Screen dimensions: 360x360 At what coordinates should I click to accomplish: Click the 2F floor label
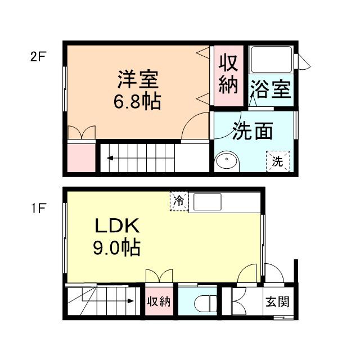coord(37,57)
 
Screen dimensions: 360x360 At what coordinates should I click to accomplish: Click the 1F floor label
coord(37,208)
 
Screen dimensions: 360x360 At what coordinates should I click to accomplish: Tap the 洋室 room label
coord(138,79)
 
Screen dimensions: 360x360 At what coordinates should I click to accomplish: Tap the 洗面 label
coord(253,131)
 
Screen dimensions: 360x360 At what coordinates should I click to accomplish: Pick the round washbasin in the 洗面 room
coord(227,161)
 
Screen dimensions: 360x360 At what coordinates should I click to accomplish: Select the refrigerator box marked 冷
coord(178,201)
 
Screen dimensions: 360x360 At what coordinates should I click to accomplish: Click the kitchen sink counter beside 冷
coord(208,202)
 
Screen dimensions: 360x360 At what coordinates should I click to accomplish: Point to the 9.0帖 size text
coord(116,247)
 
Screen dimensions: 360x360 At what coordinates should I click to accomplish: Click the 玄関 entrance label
coord(277,301)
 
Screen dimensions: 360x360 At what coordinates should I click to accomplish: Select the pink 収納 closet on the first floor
coord(159,301)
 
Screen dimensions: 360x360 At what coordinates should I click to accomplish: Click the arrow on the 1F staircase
coord(129,301)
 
